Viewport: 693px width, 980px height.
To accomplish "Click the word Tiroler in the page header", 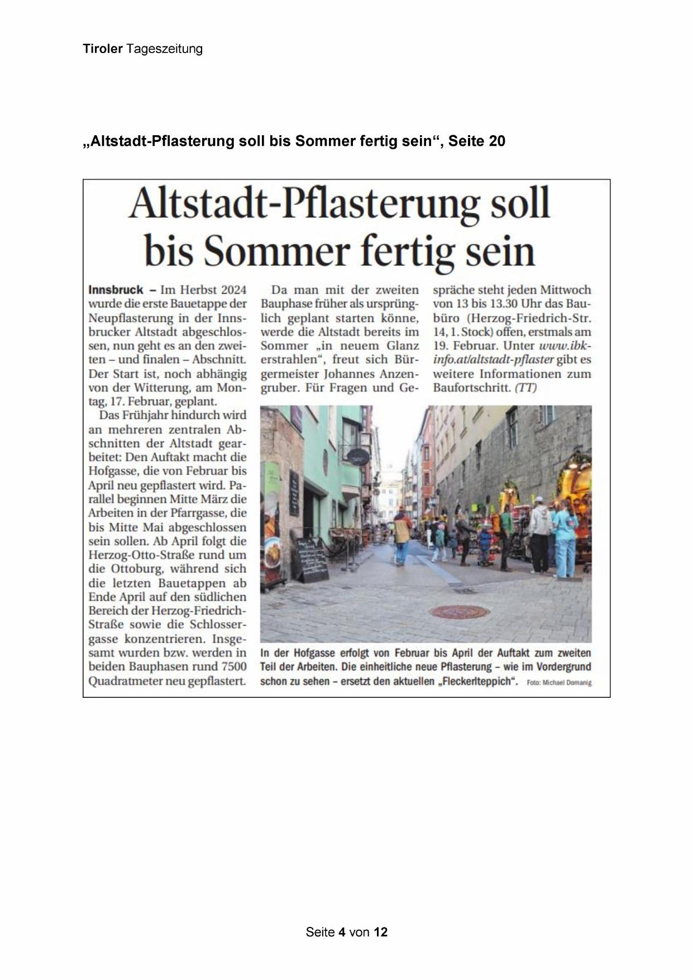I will tap(103, 49).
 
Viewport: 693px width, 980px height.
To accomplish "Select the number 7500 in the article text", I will tap(233, 667).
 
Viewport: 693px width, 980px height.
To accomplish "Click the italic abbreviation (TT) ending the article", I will tap(525, 388).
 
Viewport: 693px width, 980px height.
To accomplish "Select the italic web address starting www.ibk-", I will tap(564, 346).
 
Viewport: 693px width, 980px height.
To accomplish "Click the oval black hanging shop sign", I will tap(357, 456).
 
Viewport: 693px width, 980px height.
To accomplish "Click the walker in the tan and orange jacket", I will tap(402, 534).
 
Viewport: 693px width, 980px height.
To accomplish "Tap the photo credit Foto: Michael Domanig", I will tap(558, 683).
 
